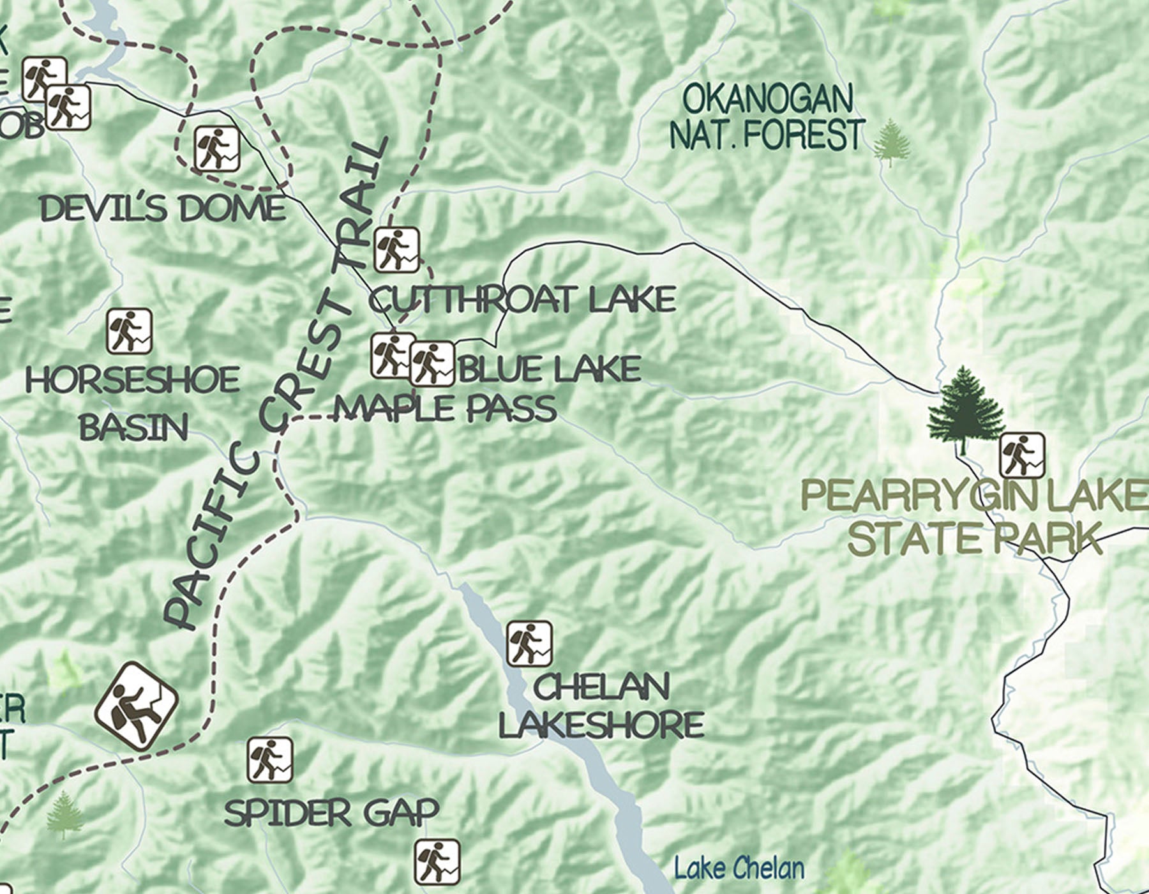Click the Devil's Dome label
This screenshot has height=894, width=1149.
(163, 209)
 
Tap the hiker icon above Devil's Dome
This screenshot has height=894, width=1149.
(217, 149)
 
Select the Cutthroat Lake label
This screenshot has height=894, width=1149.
(522, 299)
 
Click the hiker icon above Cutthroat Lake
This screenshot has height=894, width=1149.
(397, 249)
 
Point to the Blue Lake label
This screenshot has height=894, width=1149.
(550, 369)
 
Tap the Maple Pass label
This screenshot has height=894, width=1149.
(446, 409)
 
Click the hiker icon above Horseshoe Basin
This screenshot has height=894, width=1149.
(129, 331)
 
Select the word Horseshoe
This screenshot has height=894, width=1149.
(133, 380)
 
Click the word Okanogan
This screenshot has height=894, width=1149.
(767, 99)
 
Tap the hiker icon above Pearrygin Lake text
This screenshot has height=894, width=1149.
(1022, 455)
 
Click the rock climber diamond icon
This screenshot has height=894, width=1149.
(136, 706)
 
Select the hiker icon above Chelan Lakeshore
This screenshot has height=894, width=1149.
(529, 643)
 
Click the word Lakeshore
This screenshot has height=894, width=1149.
(601, 725)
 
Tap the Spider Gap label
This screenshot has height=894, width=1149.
(331, 813)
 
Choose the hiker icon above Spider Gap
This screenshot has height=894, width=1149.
(270, 760)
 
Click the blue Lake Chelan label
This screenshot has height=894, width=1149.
(739, 868)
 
